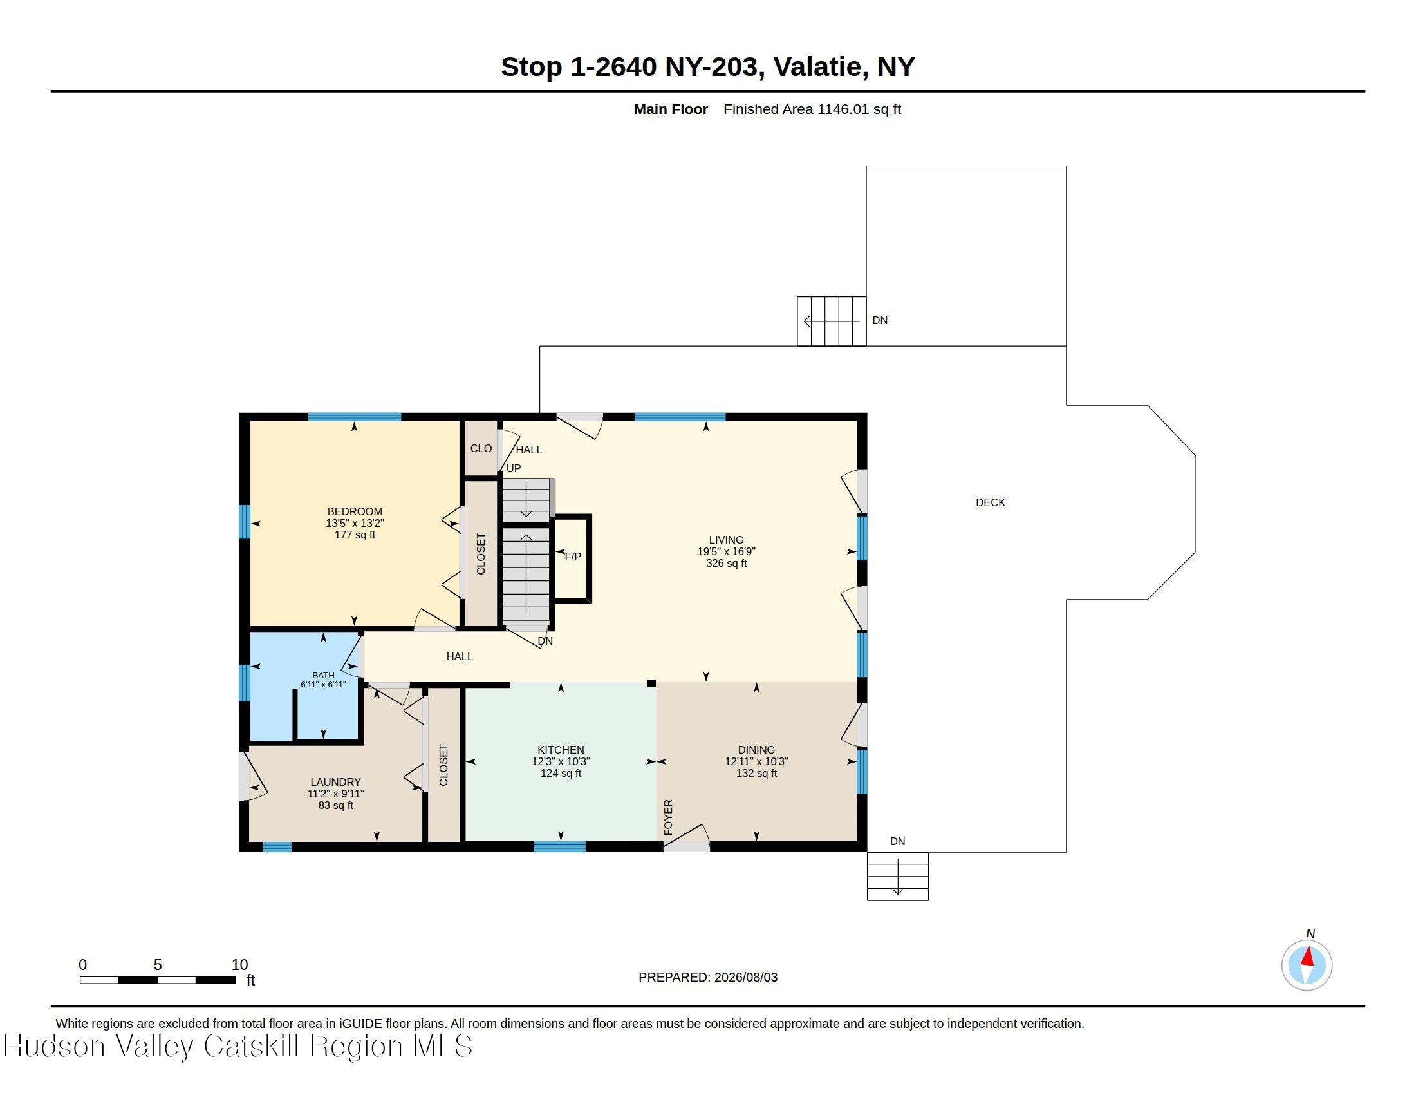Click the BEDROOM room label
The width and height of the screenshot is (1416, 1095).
[355, 511]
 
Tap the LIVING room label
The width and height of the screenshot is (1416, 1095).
[726, 540]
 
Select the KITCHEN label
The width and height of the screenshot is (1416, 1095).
[561, 750]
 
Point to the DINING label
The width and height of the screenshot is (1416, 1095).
[756, 750]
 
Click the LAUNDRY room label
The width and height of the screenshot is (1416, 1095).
[336, 783]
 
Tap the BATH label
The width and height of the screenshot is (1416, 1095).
[324, 675]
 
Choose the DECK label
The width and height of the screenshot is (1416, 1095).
[991, 503]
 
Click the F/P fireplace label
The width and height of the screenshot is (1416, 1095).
[573, 557]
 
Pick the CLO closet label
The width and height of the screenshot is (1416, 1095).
[481, 449]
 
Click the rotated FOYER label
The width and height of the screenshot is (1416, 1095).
[669, 817]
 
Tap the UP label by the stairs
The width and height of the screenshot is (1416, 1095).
[514, 468]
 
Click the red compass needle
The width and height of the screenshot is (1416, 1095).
[1308, 956]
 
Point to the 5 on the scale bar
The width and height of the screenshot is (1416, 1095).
[158, 965]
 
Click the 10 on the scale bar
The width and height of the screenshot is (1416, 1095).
[240, 965]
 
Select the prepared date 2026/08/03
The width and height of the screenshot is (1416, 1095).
[745, 978]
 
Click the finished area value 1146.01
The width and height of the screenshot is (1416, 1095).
[843, 110]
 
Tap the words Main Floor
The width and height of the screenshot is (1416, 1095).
[671, 110]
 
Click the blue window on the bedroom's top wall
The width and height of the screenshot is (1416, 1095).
[354, 417]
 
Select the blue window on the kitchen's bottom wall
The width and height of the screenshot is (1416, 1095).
[559, 846]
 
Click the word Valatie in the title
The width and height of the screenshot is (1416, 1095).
[817, 67]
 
